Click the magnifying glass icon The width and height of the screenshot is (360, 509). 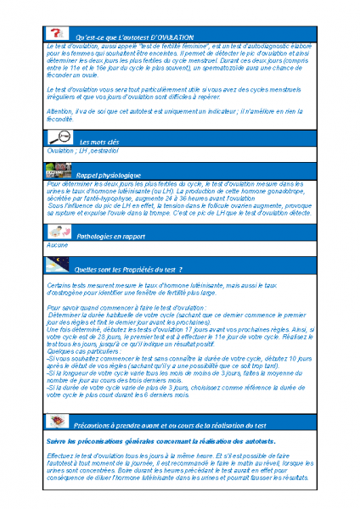[x=59, y=138]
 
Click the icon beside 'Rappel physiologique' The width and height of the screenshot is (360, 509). [x=59, y=171]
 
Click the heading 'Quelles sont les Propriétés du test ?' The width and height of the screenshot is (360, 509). [x=129, y=268]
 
